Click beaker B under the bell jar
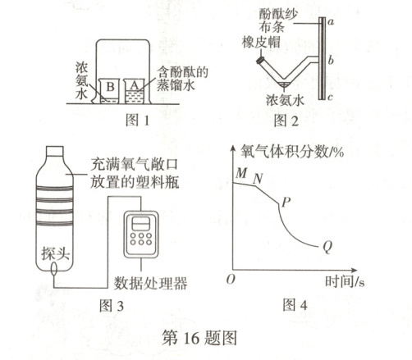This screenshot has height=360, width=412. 109,91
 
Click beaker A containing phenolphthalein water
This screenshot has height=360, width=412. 135,91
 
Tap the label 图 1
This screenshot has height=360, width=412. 138,121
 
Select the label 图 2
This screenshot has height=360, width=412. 286,121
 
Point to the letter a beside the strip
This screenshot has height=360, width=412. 331,22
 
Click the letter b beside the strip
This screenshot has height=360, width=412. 331,60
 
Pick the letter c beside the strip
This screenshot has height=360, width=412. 330,97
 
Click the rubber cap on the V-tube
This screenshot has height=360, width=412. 260,60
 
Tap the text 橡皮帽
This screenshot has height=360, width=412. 261,43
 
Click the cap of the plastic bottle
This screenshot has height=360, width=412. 55,151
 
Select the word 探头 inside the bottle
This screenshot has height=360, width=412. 55,253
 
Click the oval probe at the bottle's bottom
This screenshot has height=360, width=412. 54,268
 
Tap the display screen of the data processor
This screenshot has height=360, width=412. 141,224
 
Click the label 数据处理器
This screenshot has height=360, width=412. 151,283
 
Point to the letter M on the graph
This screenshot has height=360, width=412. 241,173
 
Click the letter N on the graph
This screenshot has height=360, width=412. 258,179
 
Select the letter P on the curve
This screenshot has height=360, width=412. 286,203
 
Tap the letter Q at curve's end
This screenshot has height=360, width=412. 327,247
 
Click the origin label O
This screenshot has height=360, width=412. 231,279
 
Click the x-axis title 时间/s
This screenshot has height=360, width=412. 345,281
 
